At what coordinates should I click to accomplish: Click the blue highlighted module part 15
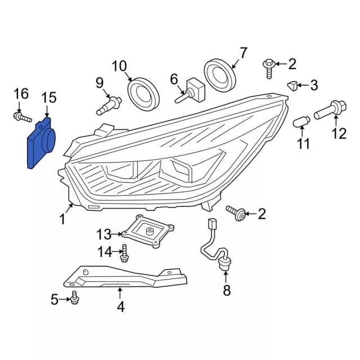pos(40,143)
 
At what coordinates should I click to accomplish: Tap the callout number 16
pos(21,93)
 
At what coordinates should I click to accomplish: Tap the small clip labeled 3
pos(291,85)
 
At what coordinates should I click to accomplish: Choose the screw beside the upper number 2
pos(269,67)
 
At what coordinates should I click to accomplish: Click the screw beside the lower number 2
pos(237,212)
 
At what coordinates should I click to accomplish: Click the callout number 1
pos(62,218)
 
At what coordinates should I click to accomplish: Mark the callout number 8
pos(226,290)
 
